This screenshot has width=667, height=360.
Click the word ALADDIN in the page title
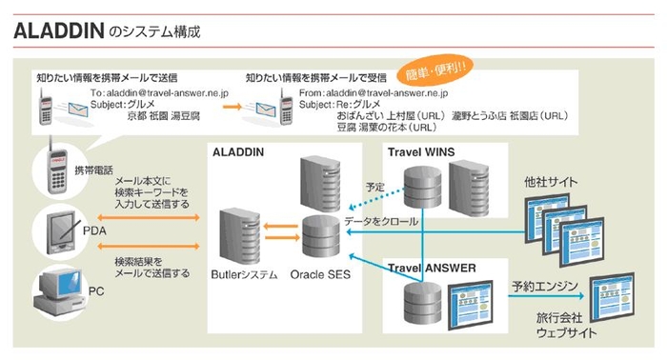point(57,30)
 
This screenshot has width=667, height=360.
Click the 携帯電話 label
point(93,170)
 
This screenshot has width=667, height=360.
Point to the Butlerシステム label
point(244,275)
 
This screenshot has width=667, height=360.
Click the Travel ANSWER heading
point(431,269)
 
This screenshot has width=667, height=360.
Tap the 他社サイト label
point(552,182)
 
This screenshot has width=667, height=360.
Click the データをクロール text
point(381,221)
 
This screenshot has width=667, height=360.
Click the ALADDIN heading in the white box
point(237,152)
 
